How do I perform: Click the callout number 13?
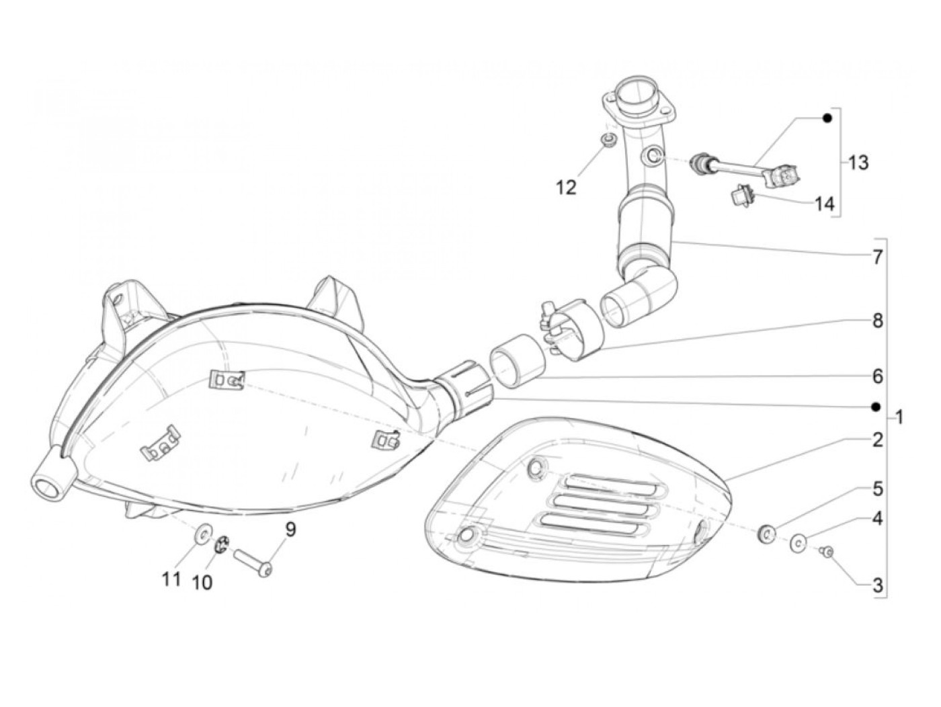[858, 163]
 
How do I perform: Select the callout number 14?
[824, 203]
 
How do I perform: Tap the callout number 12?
[567, 188]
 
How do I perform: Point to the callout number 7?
[877, 256]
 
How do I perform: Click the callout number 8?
[877, 321]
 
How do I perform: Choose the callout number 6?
[877, 376]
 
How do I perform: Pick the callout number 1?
[899, 418]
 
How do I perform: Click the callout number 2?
[877, 441]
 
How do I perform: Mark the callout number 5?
[877, 489]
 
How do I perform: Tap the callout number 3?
[877, 585]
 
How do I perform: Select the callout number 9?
[290, 530]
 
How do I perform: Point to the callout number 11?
[171, 578]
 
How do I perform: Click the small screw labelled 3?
[828, 552]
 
